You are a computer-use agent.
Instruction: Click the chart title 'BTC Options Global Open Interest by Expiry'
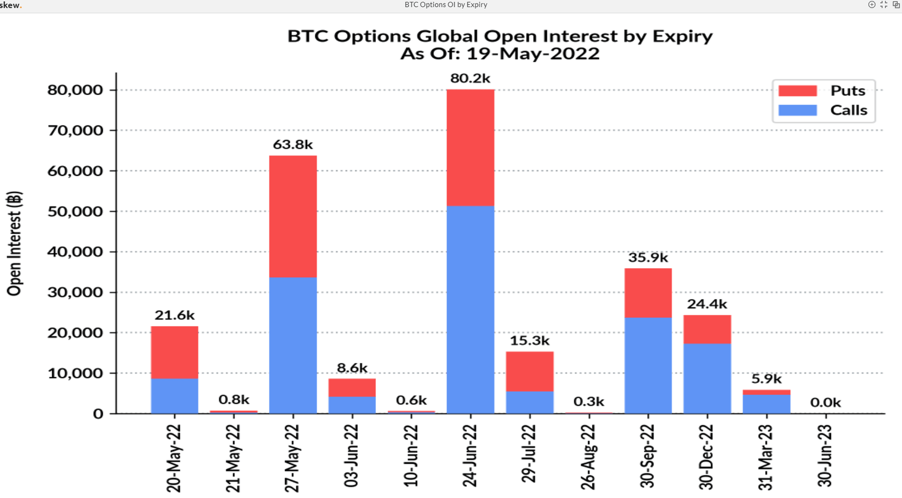[500, 36]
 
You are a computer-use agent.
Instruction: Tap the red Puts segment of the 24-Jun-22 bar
[470, 147]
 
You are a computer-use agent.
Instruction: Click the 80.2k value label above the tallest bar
[470, 78]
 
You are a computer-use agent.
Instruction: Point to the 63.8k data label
[292, 144]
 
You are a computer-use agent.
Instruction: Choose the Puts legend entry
[823, 91]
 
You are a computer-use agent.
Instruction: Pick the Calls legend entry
[823, 110]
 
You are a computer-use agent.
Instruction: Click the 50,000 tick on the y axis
[75, 211]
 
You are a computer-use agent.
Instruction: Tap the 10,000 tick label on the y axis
[75, 373]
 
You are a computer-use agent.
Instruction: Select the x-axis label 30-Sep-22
[647, 456]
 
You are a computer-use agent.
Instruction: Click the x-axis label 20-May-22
[174, 458]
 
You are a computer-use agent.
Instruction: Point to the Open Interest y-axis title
[14, 243]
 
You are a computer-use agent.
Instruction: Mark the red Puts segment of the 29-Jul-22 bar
[529, 371]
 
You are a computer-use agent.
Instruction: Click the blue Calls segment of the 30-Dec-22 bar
[707, 378]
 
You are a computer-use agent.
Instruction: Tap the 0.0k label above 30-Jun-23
[825, 402]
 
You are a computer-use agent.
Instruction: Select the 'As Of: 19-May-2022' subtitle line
[500, 54]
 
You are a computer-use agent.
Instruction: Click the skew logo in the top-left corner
[11, 5]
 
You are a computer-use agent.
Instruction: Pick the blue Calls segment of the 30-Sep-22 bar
[648, 365]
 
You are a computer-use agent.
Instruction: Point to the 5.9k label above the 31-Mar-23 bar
[766, 379]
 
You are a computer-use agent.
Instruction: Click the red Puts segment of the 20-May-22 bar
[174, 352]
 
